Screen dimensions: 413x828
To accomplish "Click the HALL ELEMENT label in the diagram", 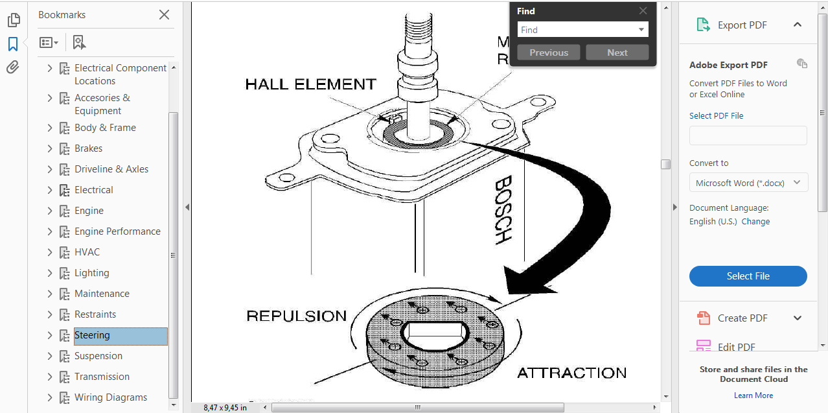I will [x=310, y=84].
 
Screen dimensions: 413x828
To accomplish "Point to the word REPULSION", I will [x=297, y=316].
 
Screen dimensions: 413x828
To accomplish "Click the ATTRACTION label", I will [x=571, y=373].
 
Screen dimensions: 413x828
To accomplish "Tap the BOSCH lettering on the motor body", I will [x=503, y=210].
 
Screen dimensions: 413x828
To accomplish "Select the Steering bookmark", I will [x=92, y=335].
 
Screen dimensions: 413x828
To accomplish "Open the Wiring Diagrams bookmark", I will [x=110, y=397].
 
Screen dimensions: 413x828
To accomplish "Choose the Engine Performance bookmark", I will [x=117, y=231].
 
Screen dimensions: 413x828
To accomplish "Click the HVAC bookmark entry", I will [x=87, y=252].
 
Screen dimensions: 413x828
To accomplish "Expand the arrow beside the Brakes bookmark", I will [x=50, y=148].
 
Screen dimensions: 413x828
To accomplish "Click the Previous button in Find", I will [x=549, y=53].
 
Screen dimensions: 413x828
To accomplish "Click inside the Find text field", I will [x=577, y=30].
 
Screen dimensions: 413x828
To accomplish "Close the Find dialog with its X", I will [x=643, y=11].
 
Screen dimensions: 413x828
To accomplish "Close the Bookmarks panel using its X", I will [x=164, y=15].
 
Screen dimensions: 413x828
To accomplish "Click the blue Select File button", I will [x=748, y=276].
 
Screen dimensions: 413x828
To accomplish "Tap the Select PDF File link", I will [x=716, y=116].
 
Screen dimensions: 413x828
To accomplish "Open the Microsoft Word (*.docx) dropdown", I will [x=748, y=183].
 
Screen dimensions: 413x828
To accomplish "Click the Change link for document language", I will [x=755, y=222].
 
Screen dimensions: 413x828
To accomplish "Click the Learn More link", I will [x=753, y=395].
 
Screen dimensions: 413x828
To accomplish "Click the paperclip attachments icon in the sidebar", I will [x=13, y=67].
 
